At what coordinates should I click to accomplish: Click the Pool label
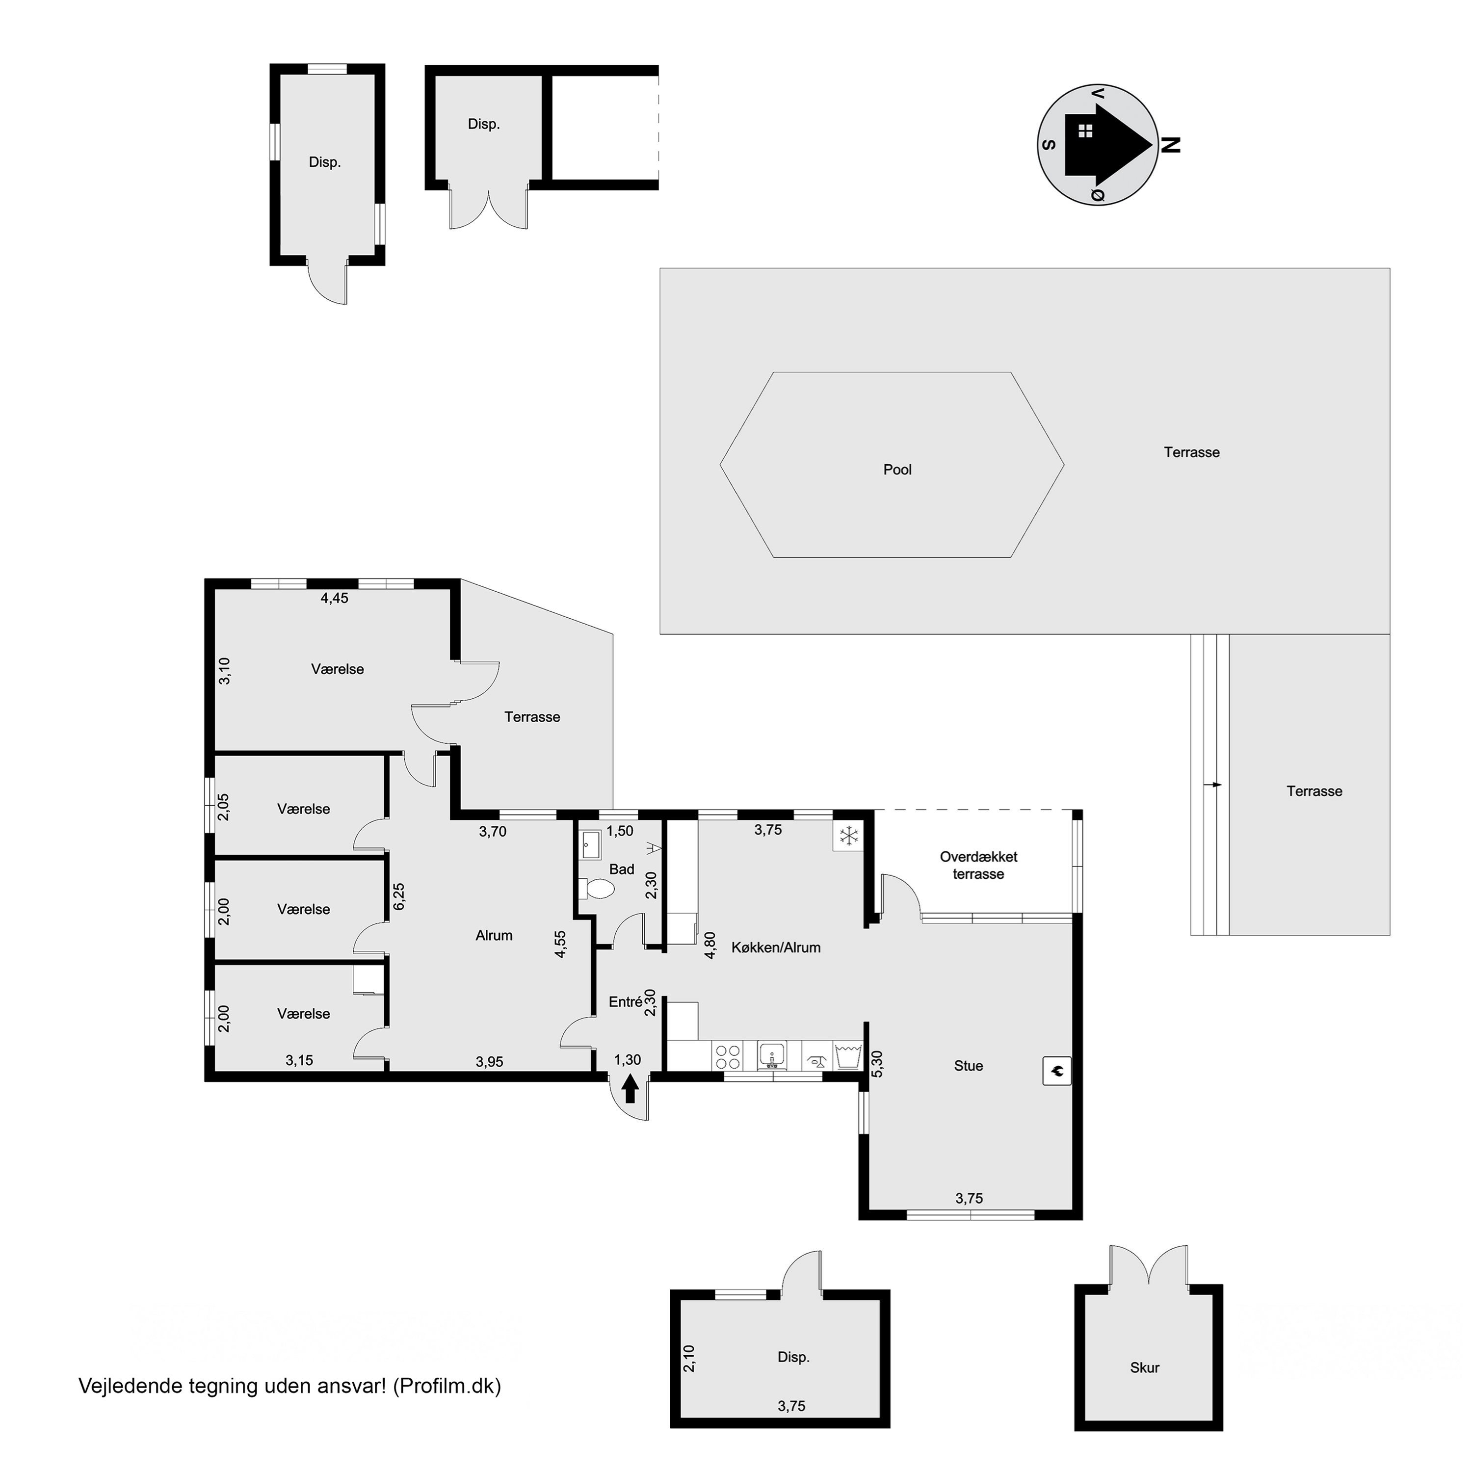(897, 470)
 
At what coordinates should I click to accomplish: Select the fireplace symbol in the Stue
(1057, 1071)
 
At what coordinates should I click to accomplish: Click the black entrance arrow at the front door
(630, 1088)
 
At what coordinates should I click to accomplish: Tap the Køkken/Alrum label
(776, 948)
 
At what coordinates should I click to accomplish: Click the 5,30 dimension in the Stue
(877, 1064)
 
